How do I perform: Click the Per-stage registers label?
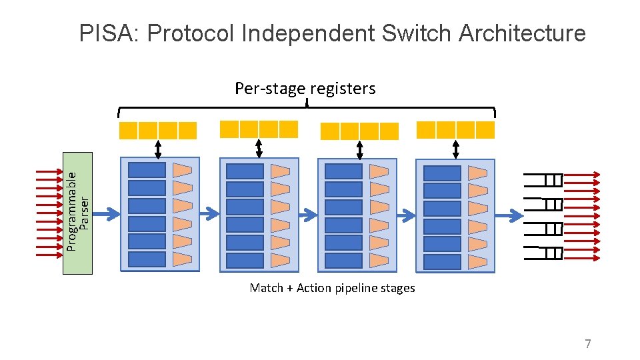tap(305, 89)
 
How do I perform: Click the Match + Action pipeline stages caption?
tap(332, 288)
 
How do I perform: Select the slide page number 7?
tap(587, 344)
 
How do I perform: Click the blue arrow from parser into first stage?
tap(107, 214)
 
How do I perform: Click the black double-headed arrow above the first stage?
tap(158, 149)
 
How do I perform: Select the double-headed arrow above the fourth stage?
tap(455, 149)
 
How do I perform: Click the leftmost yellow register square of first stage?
tap(128, 131)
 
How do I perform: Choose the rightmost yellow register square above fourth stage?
tap(485, 129)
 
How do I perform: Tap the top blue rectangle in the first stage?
tap(147, 170)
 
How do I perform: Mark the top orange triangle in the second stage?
tap(280, 171)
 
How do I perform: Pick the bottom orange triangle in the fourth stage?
tap(477, 262)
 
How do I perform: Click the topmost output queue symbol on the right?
tap(545, 179)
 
